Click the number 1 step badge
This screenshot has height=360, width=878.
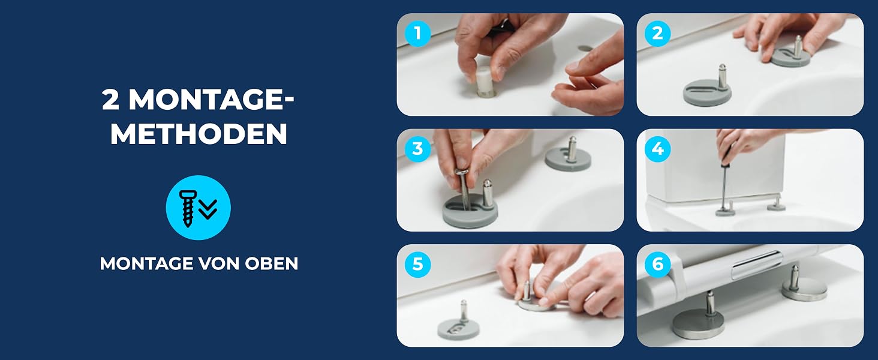coord(417,34)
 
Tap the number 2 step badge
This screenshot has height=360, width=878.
coord(657,34)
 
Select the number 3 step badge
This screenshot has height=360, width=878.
coord(417,149)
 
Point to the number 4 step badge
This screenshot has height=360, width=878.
coord(657,149)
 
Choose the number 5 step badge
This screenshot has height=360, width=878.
coord(417,265)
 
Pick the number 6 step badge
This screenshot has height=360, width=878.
coord(657,265)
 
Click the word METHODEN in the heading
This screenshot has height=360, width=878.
coord(199,134)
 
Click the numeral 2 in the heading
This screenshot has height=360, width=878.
coord(110,100)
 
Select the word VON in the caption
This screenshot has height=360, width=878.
coord(220,263)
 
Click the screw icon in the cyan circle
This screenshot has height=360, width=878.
coord(187,208)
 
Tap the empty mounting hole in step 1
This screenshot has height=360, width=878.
coord(585,48)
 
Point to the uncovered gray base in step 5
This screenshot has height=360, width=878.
coord(458,326)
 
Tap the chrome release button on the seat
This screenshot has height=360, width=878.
coord(756,265)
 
